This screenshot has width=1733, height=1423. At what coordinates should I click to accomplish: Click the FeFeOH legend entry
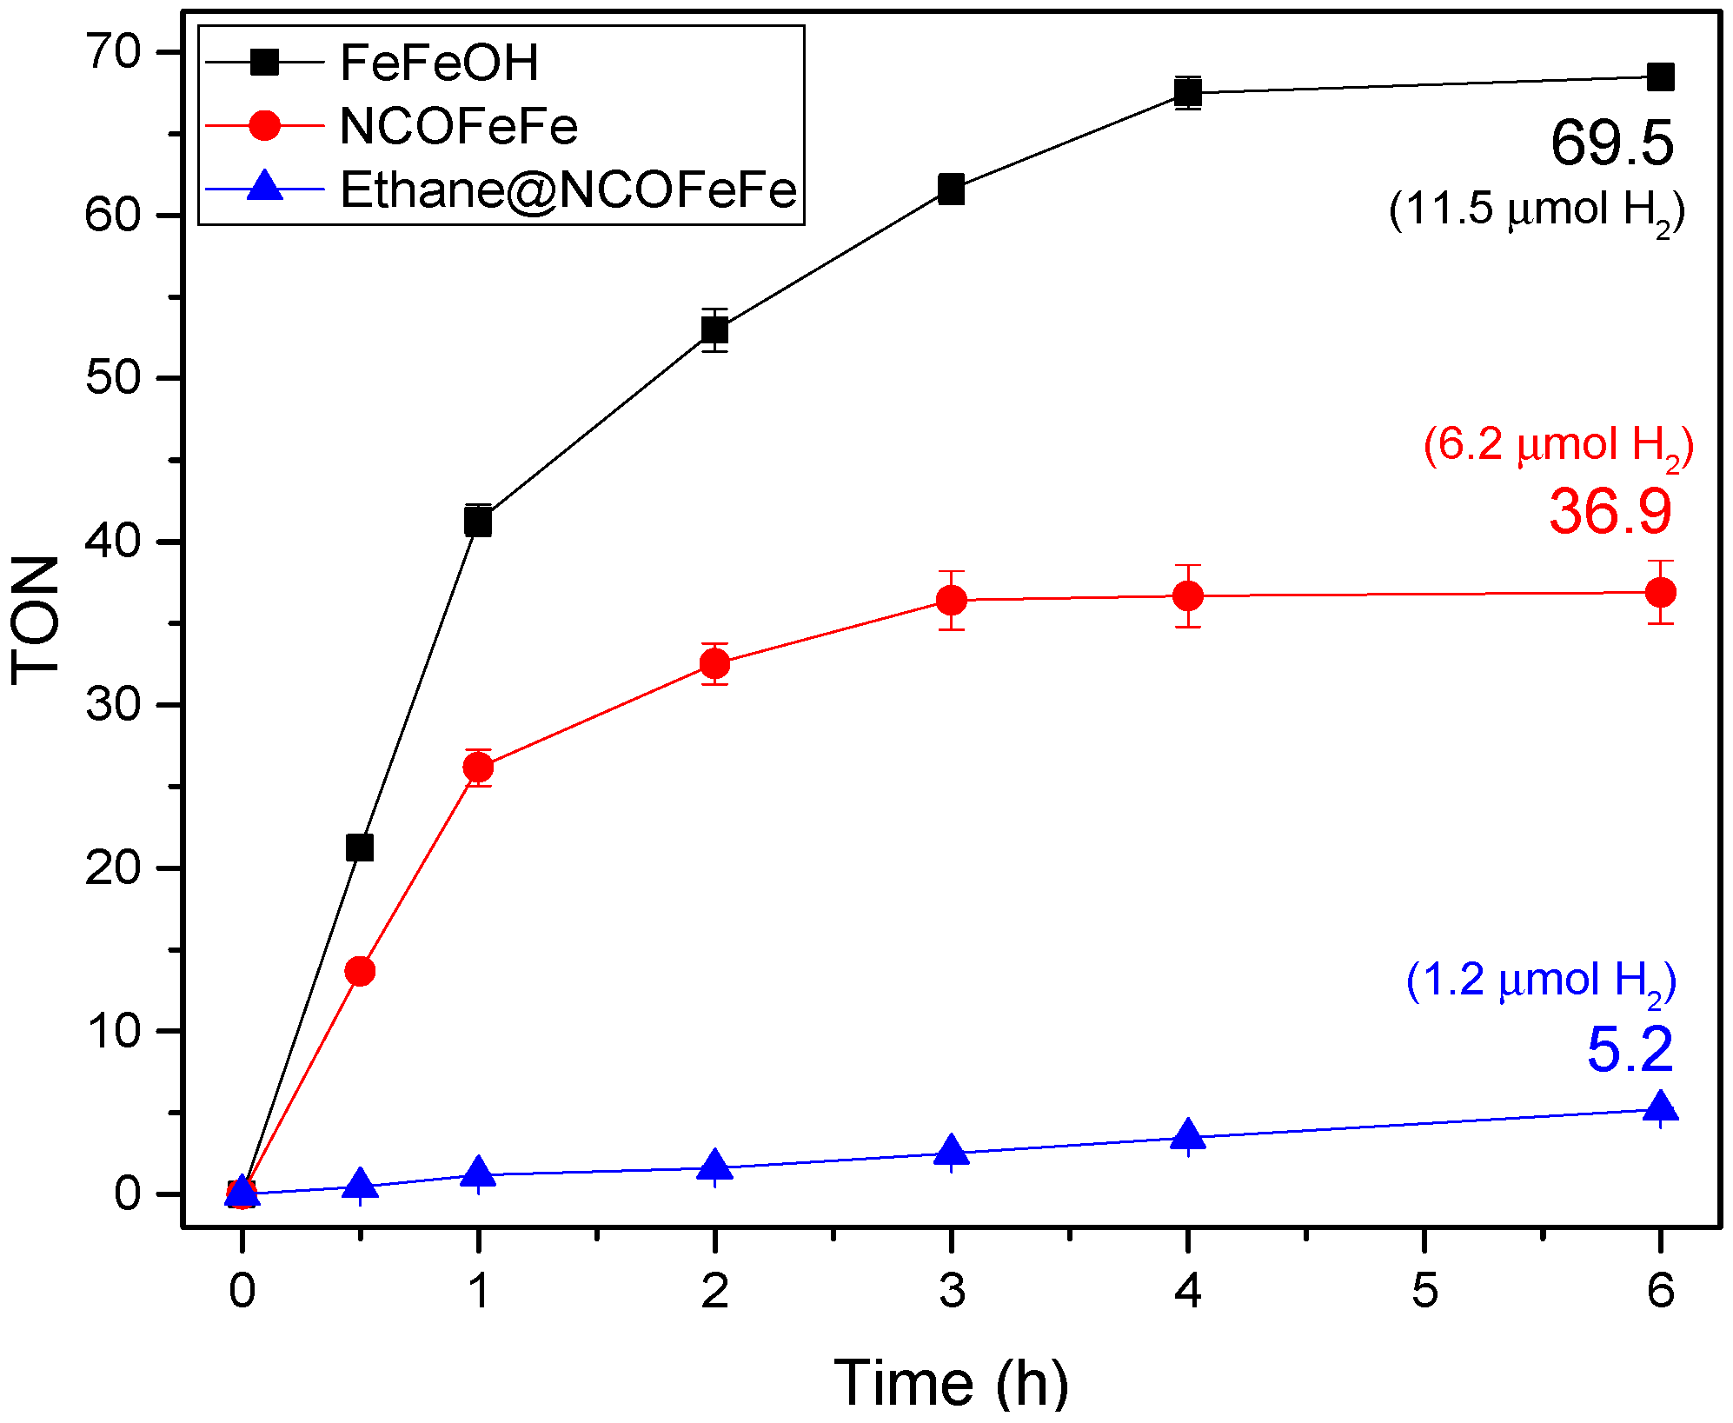(x=439, y=63)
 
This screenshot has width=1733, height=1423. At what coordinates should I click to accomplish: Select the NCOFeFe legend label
(x=458, y=126)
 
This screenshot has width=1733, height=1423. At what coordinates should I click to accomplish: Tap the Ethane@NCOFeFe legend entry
(x=568, y=190)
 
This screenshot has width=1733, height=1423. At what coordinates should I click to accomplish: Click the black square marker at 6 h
(x=1660, y=77)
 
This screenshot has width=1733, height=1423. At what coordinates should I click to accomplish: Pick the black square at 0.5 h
(x=360, y=847)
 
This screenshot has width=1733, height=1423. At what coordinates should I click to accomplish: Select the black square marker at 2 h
(x=714, y=330)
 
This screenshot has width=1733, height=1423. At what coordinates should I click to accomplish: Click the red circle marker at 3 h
(x=952, y=600)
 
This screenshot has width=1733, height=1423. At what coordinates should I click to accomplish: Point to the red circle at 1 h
(x=478, y=767)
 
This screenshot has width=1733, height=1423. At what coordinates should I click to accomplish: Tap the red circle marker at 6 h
(x=1660, y=593)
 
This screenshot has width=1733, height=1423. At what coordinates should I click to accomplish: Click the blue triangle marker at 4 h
(x=1188, y=1136)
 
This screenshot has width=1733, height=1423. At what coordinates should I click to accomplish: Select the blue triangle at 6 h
(x=1660, y=1108)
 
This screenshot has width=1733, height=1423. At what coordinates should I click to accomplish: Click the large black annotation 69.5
(x=1611, y=143)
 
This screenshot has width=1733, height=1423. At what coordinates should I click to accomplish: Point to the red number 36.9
(x=1610, y=511)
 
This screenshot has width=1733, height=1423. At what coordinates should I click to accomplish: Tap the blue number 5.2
(x=1630, y=1050)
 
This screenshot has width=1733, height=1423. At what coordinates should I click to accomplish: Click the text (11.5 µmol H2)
(x=1536, y=210)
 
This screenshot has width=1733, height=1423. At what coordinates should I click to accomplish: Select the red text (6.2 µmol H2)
(x=1557, y=445)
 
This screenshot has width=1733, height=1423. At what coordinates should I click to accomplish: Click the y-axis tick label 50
(x=113, y=378)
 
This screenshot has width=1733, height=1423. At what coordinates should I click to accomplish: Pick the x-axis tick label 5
(x=1424, y=1290)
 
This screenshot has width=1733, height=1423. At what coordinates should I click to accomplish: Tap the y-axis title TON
(x=37, y=620)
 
